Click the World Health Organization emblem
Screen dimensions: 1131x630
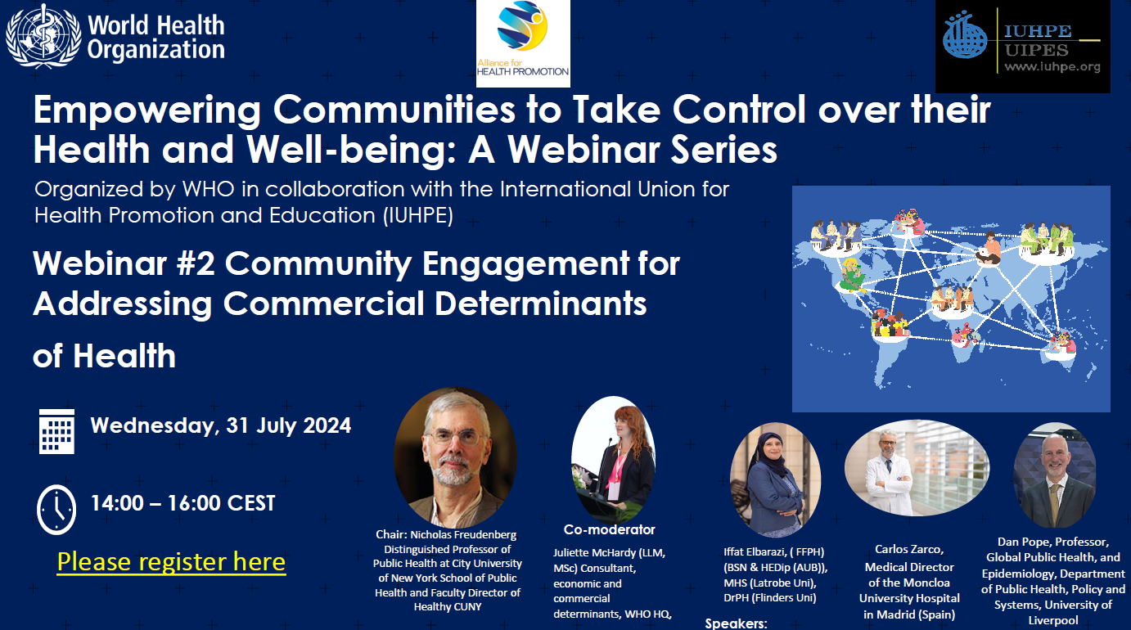(x=43, y=35)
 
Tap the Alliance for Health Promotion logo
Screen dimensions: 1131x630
(x=523, y=43)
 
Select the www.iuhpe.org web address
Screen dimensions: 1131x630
(x=1052, y=66)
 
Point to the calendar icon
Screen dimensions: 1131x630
(x=56, y=432)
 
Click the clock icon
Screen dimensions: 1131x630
(x=56, y=510)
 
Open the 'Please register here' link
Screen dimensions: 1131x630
(x=171, y=562)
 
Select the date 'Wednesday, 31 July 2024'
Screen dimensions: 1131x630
(x=221, y=425)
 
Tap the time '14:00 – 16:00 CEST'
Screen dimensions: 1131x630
(x=182, y=503)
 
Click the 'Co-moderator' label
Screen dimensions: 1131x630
(x=609, y=529)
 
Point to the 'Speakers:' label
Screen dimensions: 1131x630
(x=736, y=623)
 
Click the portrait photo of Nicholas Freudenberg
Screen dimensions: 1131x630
(x=456, y=457)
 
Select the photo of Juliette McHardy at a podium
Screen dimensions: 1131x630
(x=613, y=458)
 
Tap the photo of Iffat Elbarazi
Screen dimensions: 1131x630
(x=775, y=479)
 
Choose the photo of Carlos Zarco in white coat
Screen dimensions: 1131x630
(x=917, y=468)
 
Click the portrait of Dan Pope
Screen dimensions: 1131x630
(x=1055, y=475)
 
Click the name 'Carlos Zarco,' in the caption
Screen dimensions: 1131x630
(x=909, y=549)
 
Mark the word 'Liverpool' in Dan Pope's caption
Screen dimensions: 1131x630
(x=1053, y=620)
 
